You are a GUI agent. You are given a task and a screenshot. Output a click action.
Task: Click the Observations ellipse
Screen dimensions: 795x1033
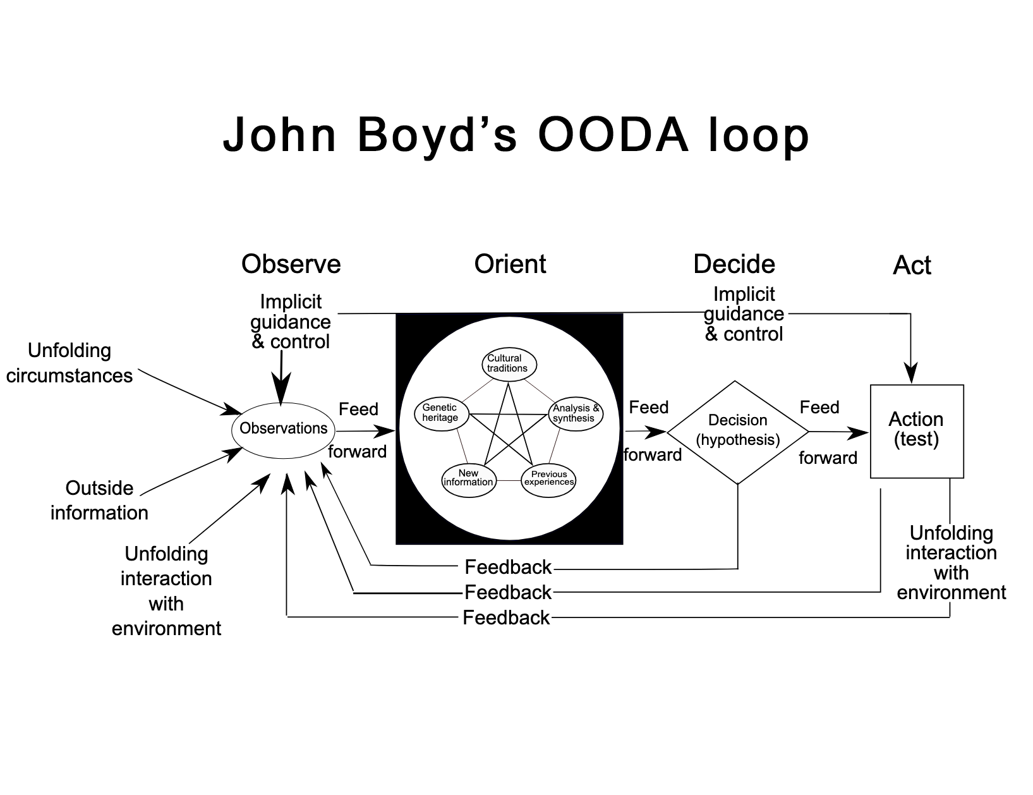pos(284,429)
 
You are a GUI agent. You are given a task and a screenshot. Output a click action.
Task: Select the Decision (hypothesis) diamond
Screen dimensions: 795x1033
pos(737,432)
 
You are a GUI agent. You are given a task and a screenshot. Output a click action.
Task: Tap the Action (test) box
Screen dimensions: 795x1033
pos(917,430)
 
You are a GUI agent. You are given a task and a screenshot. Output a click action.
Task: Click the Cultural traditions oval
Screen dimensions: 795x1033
pos(508,364)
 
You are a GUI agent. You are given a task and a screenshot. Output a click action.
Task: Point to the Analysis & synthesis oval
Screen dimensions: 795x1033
pos(575,414)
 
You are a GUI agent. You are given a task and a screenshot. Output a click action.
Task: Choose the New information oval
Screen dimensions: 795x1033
pos(468,478)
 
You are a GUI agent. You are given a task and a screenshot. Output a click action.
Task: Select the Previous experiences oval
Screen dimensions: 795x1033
pos(548,480)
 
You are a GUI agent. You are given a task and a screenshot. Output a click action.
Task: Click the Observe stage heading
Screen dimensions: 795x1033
pos(291,264)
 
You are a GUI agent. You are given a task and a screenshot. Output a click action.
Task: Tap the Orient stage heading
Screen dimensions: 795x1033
pos(510,264)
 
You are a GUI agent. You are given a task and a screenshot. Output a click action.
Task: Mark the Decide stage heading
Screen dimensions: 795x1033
pos(734,264)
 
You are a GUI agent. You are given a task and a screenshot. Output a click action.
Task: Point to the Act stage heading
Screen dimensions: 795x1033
pos(912,265)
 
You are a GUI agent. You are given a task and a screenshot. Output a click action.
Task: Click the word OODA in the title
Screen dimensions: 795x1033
pos(613,135)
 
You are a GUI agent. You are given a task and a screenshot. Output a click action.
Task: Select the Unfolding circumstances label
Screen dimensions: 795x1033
pos(69,363)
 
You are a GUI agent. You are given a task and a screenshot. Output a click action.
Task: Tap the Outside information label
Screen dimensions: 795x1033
pos(99,500)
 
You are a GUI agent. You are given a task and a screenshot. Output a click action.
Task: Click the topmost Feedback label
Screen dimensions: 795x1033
pos(508,567)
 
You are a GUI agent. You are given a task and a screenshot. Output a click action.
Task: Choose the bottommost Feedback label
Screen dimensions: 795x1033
pos(506,617)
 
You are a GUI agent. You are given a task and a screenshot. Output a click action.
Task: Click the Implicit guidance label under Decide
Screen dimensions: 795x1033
pos(744,314)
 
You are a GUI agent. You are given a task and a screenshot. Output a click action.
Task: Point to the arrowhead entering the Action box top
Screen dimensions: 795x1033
pos(910,373)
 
